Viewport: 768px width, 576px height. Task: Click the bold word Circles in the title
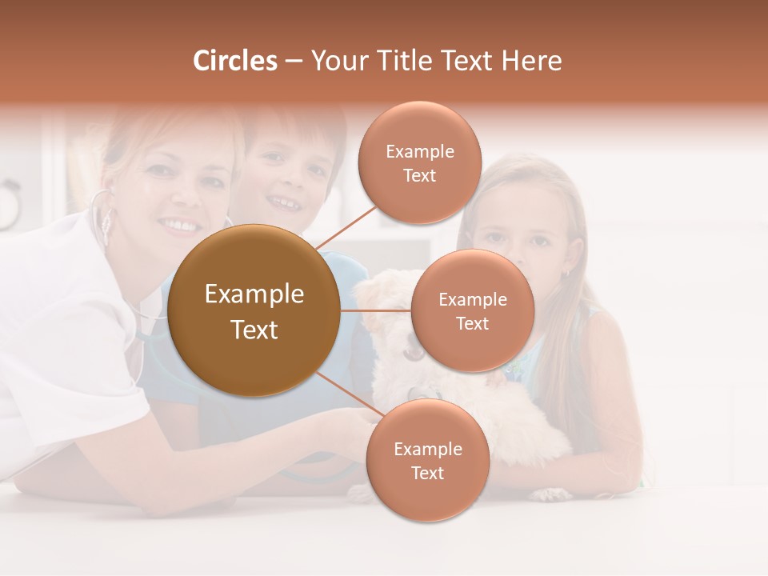pyautogui.click(x=235, y=61)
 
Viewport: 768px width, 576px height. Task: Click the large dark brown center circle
pyautogui.click(x=254, y=310)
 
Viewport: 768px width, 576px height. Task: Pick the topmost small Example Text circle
pyautogui.click(x=419, y=162)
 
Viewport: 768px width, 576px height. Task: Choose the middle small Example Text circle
pyautogui.click(x=472, y=310)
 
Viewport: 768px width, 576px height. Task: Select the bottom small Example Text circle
pyautogui.click(x=427, y=460)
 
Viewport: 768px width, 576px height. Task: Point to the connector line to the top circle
pyautogui.click(x=346, y=226)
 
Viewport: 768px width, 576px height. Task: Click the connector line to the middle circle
pyautogui.click(x=375, y=310)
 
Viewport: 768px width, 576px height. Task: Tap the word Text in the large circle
pyautogui.click(x=254, y=330)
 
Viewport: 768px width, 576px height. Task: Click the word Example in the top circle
pyautogui.click(x=419, y=151)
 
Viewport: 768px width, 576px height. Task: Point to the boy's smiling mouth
pyautogui.click(x=286, y=204)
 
